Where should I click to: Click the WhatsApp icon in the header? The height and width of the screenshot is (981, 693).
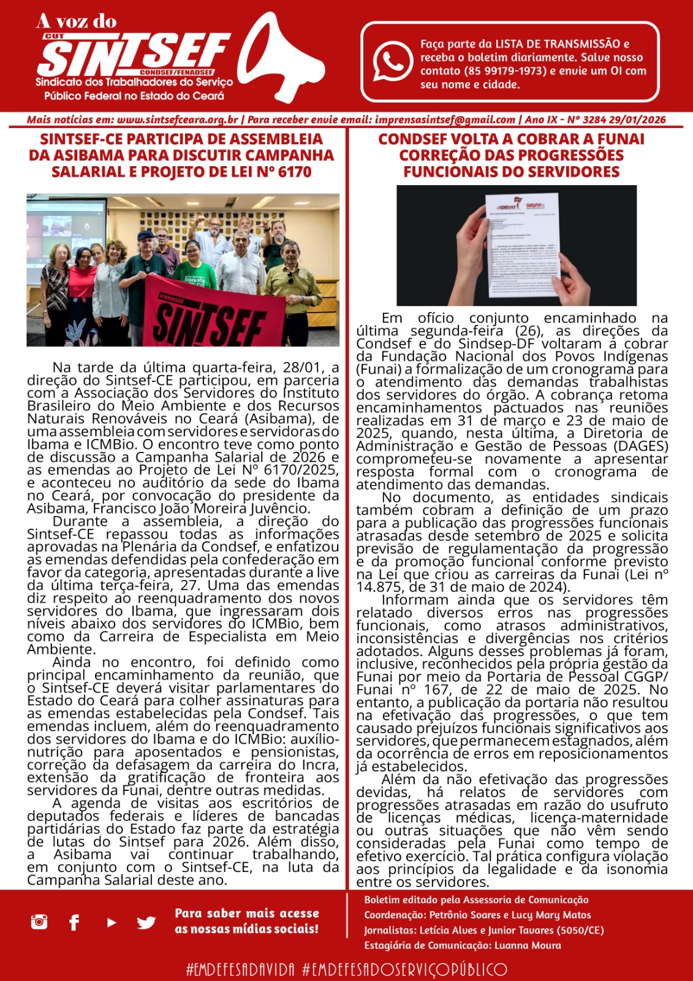point(393,62)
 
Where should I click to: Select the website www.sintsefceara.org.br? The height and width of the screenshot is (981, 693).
point(177,120)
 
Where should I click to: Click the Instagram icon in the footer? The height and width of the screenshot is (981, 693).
point(39,922)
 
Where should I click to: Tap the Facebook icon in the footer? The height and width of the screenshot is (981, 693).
point(74,922)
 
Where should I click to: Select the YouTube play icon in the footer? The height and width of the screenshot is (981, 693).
point(111,922)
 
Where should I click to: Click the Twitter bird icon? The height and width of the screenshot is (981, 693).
point(146,922)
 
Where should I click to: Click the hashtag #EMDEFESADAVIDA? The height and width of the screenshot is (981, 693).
point(241,969)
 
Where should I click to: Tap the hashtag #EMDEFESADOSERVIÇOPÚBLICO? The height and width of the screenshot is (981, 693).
point(405,969)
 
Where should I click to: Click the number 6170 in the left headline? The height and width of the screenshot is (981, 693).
point(295,172)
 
